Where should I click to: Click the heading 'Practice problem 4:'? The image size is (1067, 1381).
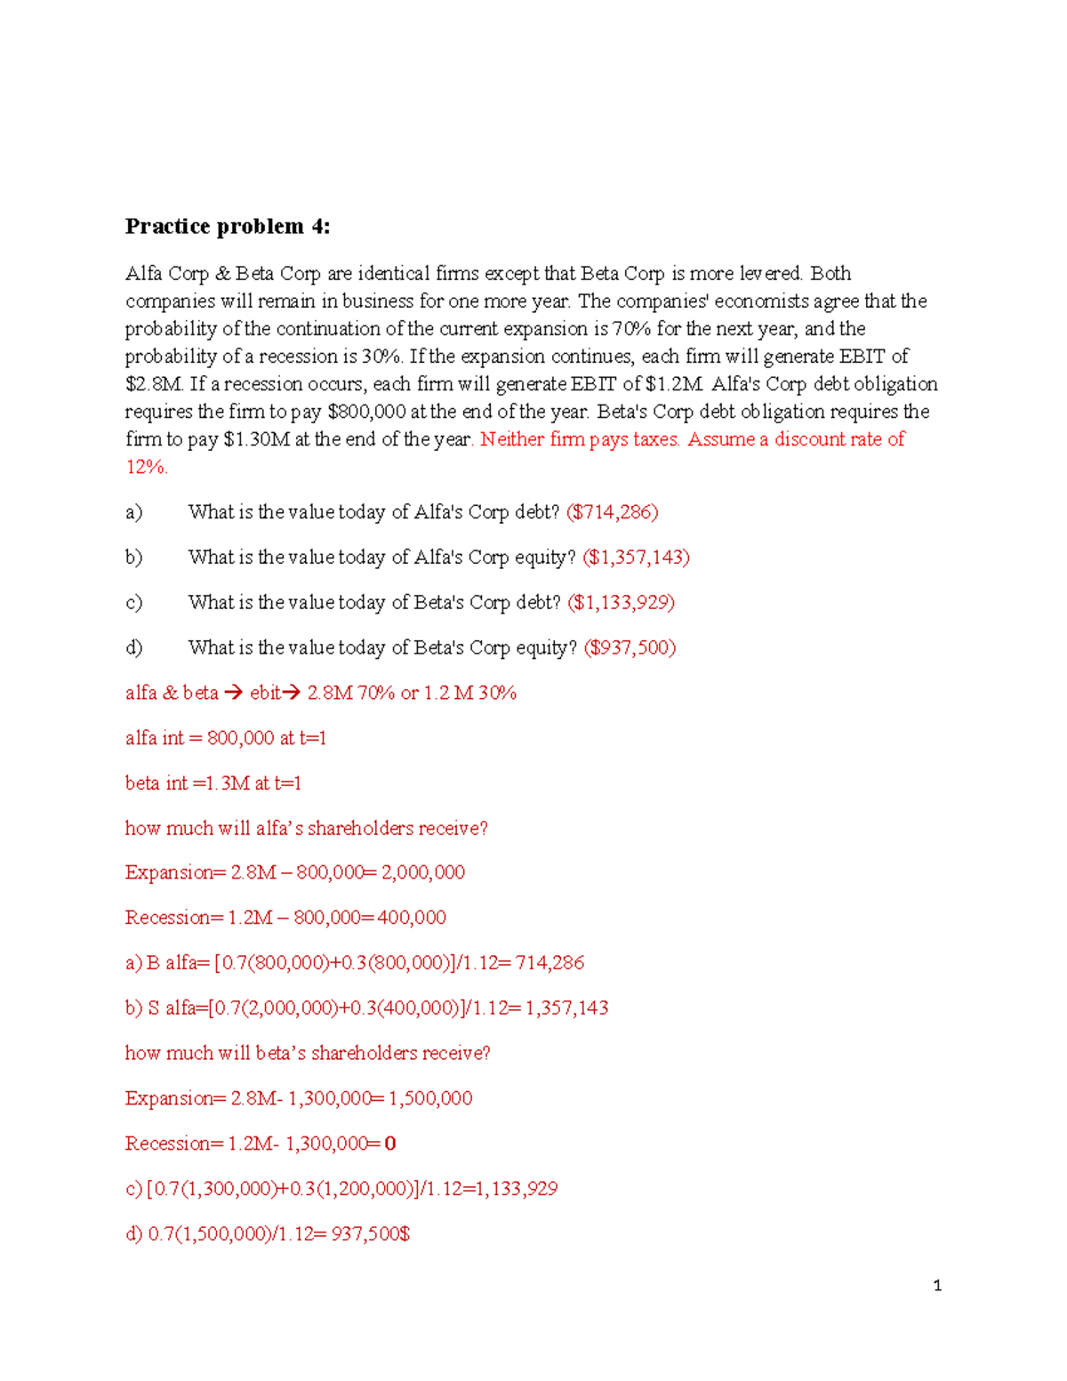point(227,227)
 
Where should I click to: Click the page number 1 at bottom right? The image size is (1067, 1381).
point(937,1285)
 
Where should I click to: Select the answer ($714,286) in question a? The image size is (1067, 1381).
point(612,512)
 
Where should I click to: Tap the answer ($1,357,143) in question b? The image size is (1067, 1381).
point(636,558)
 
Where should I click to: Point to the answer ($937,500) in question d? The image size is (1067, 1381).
point(630,647)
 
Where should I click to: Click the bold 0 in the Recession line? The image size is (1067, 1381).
point(390,1144)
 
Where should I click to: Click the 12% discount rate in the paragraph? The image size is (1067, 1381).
point(146,467)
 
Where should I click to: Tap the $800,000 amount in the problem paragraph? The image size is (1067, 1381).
point(366,412)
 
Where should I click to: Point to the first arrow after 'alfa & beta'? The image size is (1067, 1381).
point(233,693)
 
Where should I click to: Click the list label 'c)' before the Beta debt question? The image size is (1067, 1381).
point(133,603)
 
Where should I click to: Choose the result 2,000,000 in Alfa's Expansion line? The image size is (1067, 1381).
point(423,872)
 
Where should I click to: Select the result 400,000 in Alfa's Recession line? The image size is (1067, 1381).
point(412,918)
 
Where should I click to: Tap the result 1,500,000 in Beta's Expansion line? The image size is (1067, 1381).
point(430,1098)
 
